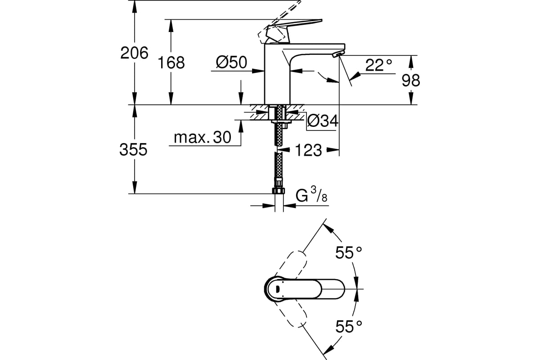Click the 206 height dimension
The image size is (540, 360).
[x=134, y=53]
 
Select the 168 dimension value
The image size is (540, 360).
[x=171, y=63]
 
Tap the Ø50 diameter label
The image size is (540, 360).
[x=231, y=63]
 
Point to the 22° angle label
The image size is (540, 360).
[x=378, y=65]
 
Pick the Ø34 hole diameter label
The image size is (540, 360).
[x=323, y=121]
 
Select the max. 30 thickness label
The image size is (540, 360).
[x=202, y=137]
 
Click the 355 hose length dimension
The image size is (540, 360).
[x=133, y=150]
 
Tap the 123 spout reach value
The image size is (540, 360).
[x=308, y=150]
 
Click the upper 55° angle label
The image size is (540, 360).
[x=349, y=253]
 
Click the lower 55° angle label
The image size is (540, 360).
[x=349, y=326]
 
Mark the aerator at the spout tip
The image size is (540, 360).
[x=337, y=54]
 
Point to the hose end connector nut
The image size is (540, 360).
[x=279, y=191]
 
